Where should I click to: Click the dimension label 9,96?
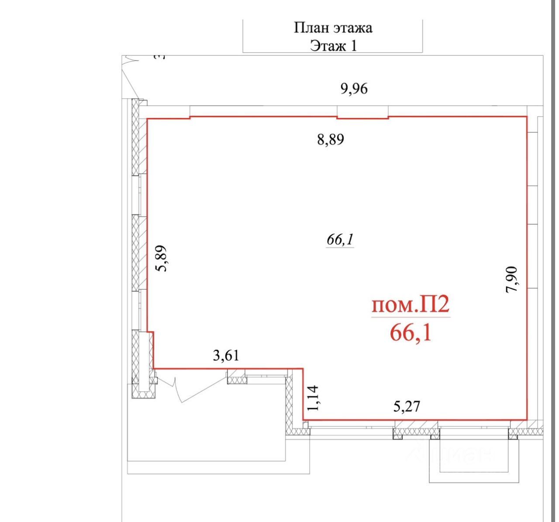(354, 89)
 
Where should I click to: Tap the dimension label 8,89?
(331, 140)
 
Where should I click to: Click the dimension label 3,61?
(226, 355)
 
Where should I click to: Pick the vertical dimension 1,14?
(313, 398)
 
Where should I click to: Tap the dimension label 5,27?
(407, 406)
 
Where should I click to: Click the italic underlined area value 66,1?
(340, 240)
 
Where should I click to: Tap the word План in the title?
(311, 28)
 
